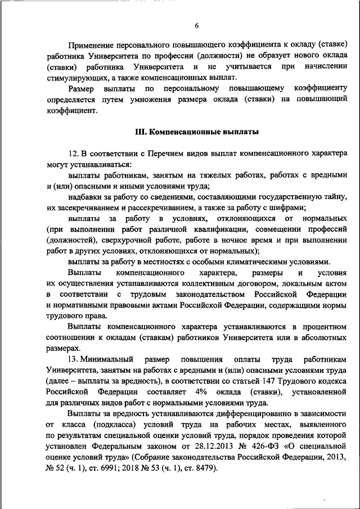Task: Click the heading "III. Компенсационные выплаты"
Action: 197,132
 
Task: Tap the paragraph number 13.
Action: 72,358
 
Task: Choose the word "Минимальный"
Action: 107,358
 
